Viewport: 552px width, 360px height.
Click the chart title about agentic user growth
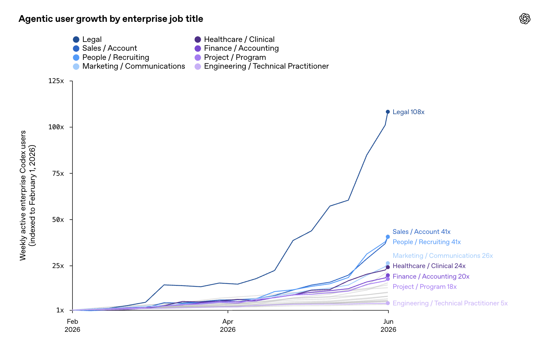pyautogui.click(x=111, y=19)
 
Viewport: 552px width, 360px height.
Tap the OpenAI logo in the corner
pyautogui.click(x=525, y=19)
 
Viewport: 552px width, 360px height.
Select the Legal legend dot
pyautogui.click(x=76, y=39)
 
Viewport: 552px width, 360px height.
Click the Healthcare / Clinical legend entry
pyautogui.click(x=234, y=39)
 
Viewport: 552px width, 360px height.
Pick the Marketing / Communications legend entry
pyautogui.click(x=129, y=66)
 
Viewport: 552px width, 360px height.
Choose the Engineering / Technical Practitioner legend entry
pyautogui.click(x=262, y=66)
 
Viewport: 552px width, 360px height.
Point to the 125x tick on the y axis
pyautogui.click(x=56, y=81)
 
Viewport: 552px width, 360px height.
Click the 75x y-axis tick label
pyautogui.click(x=58, y=173)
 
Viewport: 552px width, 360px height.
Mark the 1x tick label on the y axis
pyautogui.click(x=60, y=310)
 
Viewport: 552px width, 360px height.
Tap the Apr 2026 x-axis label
pyautogui.click(x=228, y=325)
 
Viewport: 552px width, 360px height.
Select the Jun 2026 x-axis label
pyautogui.click(x=388, y=325)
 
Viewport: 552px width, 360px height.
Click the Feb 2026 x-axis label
pyautogui.click(x=73, y=325)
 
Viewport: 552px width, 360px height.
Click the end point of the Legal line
pyautogui.click(x=388, y=112)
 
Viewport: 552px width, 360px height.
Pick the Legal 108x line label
pyautogui.click(x=408, y=112)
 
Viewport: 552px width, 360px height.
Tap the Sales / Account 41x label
pyautogui.click(x=421, y=232)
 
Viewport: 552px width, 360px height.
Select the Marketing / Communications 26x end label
pyautogui.click(x=443, y=256)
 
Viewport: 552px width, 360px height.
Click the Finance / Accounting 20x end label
pyautogui.click(x=431, y=277)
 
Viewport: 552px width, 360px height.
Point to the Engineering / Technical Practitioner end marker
pyautogui.click(x=388, y=303)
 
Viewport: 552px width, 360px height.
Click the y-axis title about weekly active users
pyautogui.click(x=27, y=195)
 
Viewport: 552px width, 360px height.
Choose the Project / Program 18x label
pyautogui.click(x=425, y=287)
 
